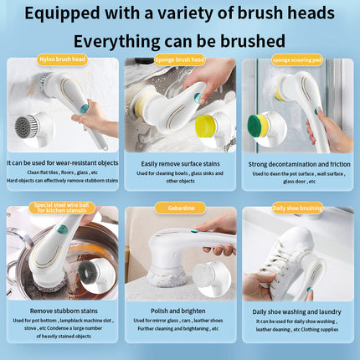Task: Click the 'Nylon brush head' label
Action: tap(62, 59)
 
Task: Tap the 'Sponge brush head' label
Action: tap(180, 59)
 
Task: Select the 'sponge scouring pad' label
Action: tap(297, 59)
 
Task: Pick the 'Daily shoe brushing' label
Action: tap(297, 206)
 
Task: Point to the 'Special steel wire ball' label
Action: tap(62, 208)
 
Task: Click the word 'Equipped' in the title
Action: tap(84, 13)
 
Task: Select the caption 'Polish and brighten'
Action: tap(179, 309)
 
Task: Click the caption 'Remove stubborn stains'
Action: tap(62, 309)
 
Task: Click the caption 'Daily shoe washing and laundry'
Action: tap(297, 309)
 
